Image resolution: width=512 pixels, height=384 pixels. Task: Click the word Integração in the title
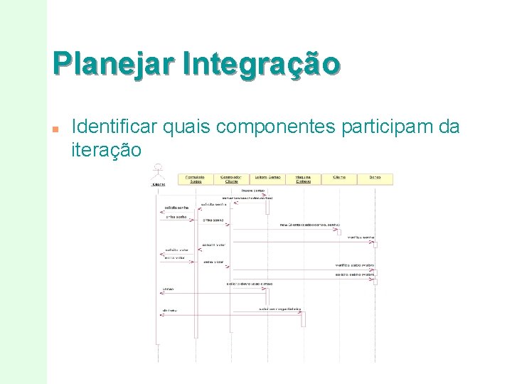tap(261, 63)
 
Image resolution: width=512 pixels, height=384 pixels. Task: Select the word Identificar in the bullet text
tap(115, 127)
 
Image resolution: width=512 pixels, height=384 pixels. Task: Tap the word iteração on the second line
tap(107, 150)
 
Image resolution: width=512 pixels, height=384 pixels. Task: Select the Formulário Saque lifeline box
tap(195, 179)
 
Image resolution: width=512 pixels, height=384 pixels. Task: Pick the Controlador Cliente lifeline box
tap(230, 179)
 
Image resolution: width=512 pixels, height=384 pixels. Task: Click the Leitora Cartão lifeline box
tap(267, 179)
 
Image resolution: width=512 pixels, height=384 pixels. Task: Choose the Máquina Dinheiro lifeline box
tap(302, 179)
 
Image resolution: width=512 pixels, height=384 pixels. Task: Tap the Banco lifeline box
tap(375, 179)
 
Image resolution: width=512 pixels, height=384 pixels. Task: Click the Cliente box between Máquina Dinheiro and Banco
tap(338, 179)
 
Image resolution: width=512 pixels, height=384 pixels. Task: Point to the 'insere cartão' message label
tap(254, 191)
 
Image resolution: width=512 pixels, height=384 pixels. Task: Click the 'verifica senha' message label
tap(362, 237)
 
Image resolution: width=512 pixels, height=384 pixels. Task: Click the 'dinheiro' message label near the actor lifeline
tap(169, 311)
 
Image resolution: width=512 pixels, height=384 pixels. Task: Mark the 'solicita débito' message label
tap(356, 274)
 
